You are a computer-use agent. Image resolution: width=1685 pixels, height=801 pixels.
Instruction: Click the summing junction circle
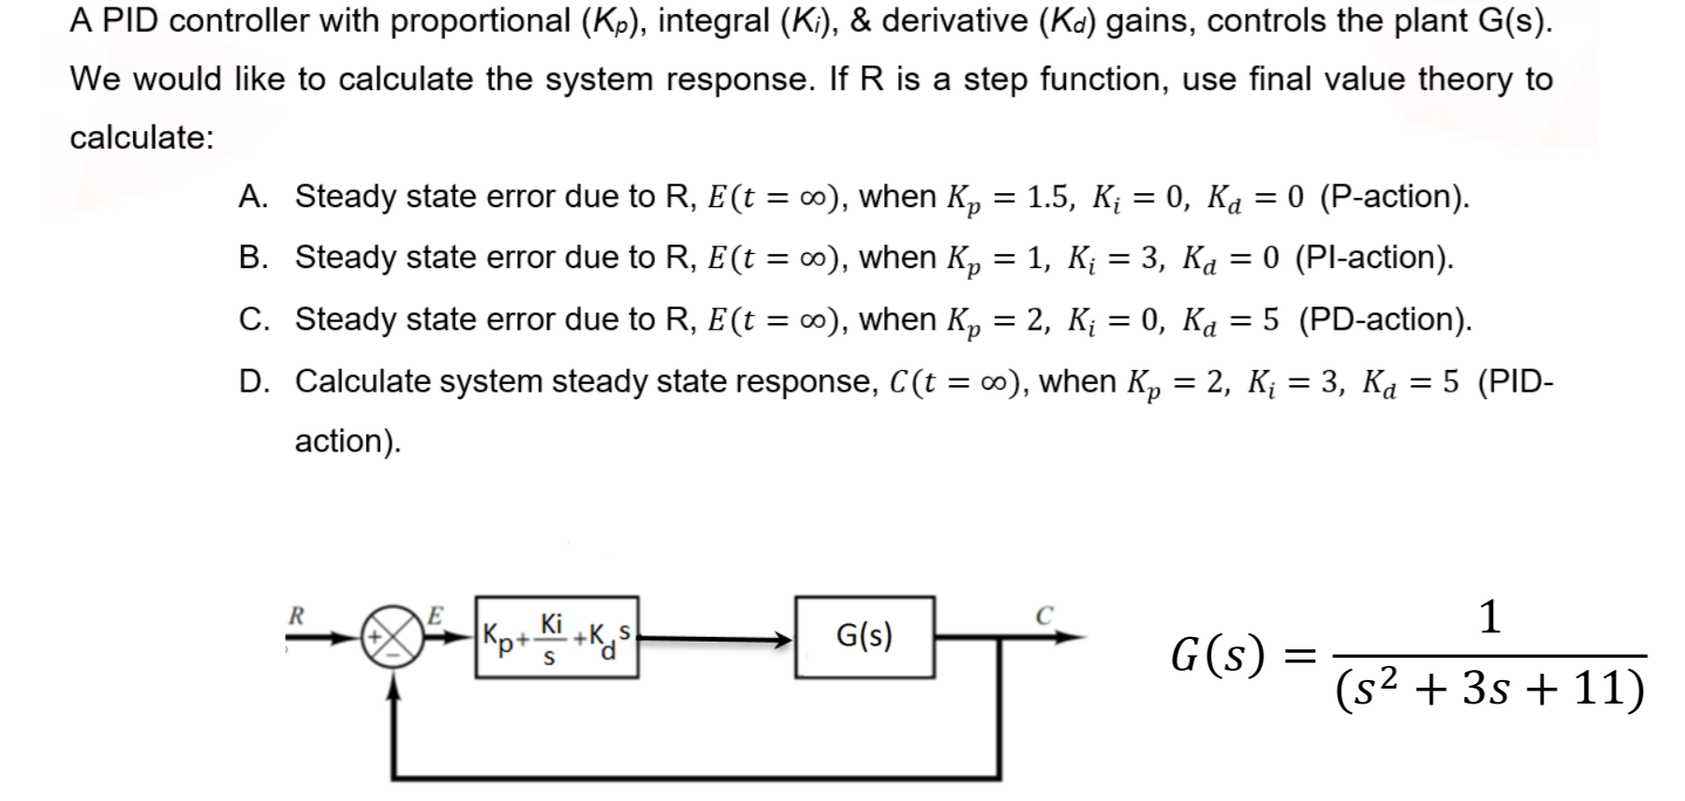pos(393,637)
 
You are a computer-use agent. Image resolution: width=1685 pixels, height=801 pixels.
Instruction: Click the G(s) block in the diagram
pos(864,637)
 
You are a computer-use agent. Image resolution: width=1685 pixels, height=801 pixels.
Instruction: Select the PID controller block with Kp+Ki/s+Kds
pos(557,637)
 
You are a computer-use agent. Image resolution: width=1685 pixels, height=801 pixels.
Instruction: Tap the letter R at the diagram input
pos(297,616)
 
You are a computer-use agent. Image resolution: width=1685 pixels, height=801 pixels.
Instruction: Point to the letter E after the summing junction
pos(435,616)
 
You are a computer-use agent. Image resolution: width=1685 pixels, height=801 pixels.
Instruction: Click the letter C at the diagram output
pos(1044,616)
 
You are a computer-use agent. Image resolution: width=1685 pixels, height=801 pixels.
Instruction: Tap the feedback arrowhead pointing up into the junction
pos(394,689)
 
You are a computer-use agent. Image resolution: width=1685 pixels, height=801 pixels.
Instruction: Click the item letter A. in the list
pos(254,197)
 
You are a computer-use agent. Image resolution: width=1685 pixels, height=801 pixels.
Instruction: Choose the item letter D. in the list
pos(254,381)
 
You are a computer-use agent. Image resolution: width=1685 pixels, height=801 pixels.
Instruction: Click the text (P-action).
pos(1394,197)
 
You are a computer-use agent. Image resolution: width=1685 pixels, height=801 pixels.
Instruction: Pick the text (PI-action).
pos(1374,258)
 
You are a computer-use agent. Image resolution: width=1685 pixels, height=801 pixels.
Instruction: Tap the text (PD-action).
pos(1384,319)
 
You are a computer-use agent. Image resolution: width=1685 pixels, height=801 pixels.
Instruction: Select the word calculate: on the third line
pos(141,138)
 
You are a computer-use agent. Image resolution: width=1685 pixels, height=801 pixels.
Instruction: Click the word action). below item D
pos(347,440)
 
